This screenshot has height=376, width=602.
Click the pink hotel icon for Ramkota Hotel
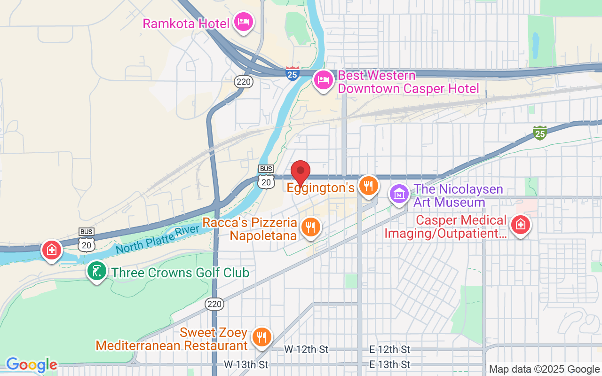point(244,22)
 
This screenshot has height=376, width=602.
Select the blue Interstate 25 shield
point(293,74)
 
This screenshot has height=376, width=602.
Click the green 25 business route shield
point(540,133)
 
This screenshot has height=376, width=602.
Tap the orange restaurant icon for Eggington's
point(369,186)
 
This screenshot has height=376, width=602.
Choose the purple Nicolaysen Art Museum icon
point(399,194)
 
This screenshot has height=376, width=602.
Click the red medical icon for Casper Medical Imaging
point(521,225)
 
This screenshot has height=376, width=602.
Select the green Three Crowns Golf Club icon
point(97,272)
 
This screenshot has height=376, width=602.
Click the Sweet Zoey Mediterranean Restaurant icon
point(261,337)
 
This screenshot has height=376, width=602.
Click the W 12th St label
point(306,349)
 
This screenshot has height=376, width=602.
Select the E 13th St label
point(389,364)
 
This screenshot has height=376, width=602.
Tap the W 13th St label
point(246,364)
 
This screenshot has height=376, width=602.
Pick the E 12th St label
point(389,349)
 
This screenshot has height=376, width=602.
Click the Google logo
point(32,365)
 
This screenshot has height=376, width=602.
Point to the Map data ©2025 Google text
point(544,369)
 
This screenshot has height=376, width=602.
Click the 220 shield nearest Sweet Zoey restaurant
point(214,304)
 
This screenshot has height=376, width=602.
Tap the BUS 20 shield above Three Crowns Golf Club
point(87,241)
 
